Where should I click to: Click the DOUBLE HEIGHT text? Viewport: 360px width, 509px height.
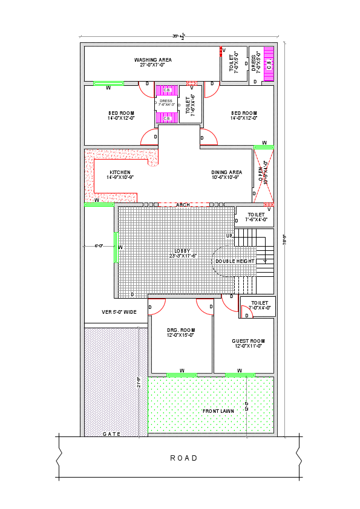click(x=235, y=261)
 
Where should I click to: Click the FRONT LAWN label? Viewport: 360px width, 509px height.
click(x=218, y=411)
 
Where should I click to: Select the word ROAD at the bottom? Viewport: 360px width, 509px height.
click(x=184, y=458)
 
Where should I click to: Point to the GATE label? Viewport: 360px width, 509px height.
click(x=111, y=434)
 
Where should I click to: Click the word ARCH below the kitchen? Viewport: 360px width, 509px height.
click(x=183, y=205)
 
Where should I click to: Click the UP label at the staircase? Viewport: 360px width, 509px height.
click(x=229, y=236)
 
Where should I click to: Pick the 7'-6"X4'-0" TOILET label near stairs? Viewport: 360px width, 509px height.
click(x=256, y=217)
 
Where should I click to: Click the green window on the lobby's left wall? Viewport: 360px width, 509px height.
click(x=115, y=247)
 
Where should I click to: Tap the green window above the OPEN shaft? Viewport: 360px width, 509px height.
click(x=264, y=147)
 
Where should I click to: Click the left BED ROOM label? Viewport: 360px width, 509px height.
click(x=120, y=115)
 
